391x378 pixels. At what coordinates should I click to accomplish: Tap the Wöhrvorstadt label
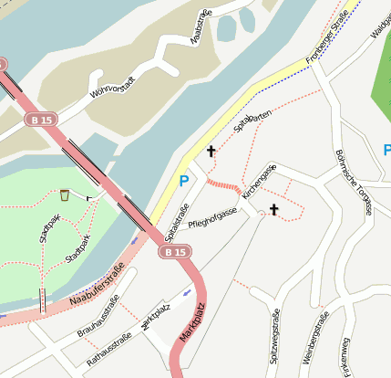tap(115, 87)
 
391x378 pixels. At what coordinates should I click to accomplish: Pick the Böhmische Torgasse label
tap(353, 181)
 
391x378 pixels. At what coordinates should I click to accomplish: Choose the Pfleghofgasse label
tap(211, 217)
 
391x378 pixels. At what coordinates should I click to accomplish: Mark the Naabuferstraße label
tap(96, 284)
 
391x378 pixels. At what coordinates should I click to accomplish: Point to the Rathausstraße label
tap(108, 351)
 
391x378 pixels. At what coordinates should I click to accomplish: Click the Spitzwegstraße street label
tap(275, 337)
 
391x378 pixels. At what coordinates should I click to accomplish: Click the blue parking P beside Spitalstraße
tap(184, 182)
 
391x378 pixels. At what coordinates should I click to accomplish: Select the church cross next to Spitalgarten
tap(211, 151)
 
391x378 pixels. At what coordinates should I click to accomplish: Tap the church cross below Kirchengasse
tap(273, 210)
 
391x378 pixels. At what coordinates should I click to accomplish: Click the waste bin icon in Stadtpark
tap(65, 194)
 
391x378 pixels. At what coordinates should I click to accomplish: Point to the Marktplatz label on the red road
tap(193, 321)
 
